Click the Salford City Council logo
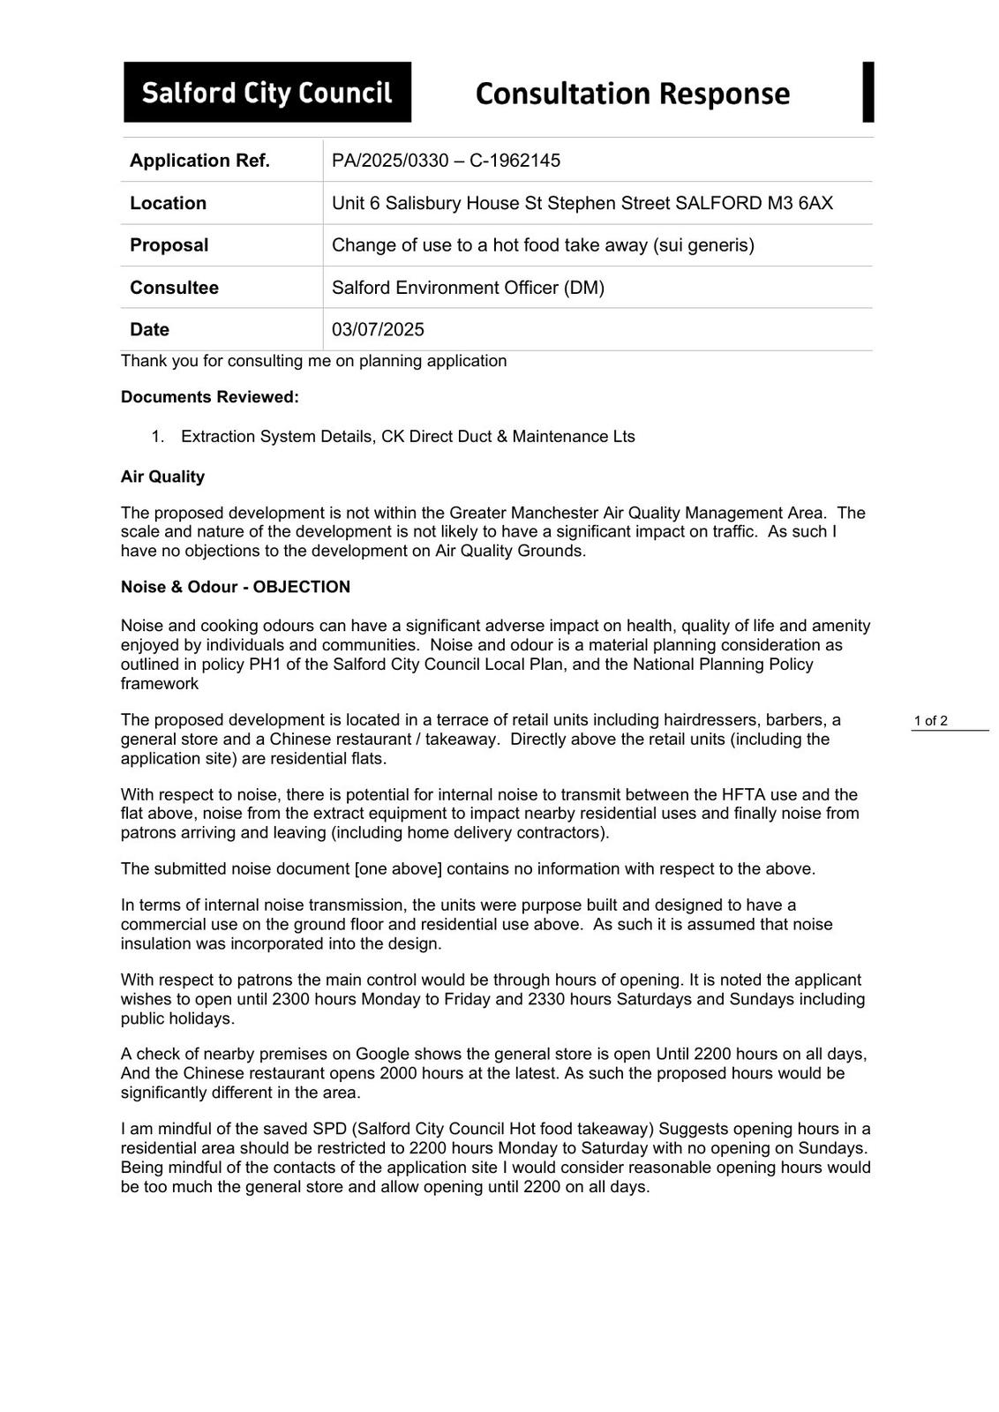coord(267,92)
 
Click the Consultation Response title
coord(632,94)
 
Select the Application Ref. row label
coord(199,161)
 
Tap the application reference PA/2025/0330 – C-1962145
coord(446,161)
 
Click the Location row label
coord(168,203)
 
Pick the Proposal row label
coord(169,245)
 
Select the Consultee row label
coord(174,288)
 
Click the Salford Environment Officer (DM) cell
coord(468,288)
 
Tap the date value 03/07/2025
coord(378,330)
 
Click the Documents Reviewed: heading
coord(210,397)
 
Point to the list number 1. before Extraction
coord(158,437)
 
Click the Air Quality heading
coord(162,477)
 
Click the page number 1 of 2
coord(930,721)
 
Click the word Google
coord(382,1055)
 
